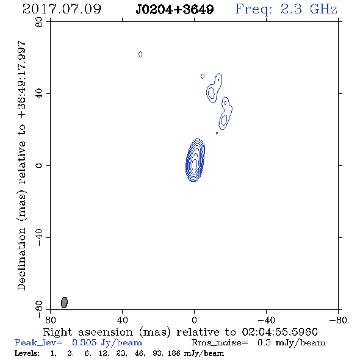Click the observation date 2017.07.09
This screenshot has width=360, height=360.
(62, 9)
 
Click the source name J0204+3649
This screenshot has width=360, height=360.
(175, 9)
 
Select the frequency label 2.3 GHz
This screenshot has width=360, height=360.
(309, 9)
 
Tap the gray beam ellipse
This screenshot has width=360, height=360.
(64, 303)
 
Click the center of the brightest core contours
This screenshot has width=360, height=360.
(195, 164)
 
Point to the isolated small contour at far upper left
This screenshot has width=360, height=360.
(140, 54)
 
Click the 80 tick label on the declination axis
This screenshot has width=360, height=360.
(39, 22)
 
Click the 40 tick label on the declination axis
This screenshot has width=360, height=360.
(39, 94)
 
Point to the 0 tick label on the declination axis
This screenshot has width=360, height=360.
(39, 165)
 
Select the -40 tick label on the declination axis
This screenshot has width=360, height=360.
(39, 237)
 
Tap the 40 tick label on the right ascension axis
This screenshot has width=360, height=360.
(122, 320)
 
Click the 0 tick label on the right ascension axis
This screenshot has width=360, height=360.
(194, 320)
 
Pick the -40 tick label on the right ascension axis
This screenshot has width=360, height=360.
(266, 320)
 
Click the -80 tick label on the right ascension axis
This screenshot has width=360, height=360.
(338, 320)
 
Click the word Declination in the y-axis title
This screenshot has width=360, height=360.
(21, 259)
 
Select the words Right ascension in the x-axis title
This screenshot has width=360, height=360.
(88, 332)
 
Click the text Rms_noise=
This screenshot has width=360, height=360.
(220, 343)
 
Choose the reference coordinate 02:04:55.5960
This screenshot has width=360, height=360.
(279, 332)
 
